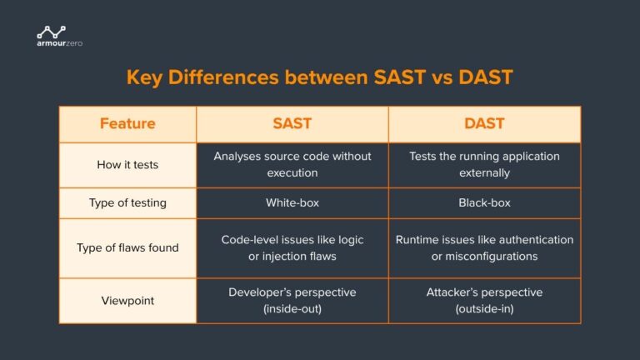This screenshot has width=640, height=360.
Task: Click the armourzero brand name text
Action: click(x=59, y=43)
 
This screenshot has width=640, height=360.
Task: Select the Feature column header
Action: click(x=127, y=123)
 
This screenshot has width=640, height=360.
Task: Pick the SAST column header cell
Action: click(x=292, y=123)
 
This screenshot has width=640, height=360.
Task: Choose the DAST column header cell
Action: click(x=484, y=123)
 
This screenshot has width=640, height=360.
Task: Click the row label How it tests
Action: click(x=127, y=165)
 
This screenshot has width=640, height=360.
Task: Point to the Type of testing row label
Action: click(x=127, y=202)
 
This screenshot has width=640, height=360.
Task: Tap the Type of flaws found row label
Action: click(x=127, y=247)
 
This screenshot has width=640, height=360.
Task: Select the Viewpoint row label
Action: click(x=127, y=300)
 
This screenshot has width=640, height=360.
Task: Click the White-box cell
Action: click(x=292, y=202)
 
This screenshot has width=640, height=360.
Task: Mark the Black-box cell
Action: click(x=484, y=202)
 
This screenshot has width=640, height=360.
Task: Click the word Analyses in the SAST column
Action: click(x=240, y=157)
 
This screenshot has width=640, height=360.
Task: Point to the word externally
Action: click(x=484, y=173)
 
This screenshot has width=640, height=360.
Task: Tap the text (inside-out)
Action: click(x=292, y=308)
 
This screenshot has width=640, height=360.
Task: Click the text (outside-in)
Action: click(x=484, y=308)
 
